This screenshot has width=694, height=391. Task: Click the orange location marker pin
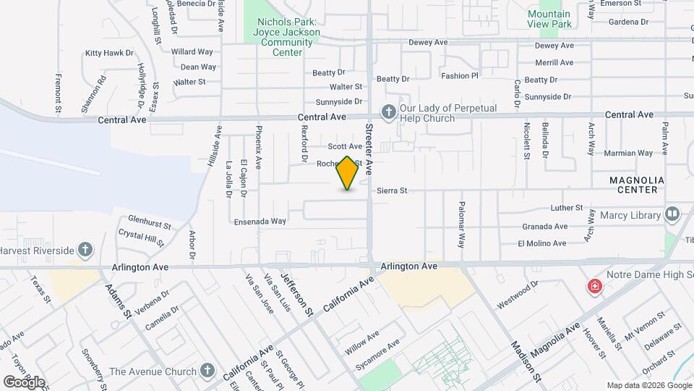point(348,173)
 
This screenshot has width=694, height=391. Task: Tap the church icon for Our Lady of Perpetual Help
point(389,112)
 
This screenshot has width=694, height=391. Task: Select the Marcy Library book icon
point(672,214)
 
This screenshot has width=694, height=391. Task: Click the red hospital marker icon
point(595,287)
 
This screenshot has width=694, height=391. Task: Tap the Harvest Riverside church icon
point(85,250)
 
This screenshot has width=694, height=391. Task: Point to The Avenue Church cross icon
point(207,371)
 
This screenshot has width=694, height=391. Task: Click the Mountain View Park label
point(549,19)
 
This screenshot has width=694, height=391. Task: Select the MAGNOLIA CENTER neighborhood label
point(633,185)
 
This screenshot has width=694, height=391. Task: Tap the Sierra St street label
point(393,190)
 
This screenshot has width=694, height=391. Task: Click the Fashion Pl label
point(460,75)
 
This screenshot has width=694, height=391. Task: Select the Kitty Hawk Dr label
point(110,53)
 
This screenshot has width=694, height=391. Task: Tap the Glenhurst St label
point(149,221)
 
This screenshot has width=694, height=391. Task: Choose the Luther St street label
point(566,208)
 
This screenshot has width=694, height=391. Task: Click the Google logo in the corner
point(24,382)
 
